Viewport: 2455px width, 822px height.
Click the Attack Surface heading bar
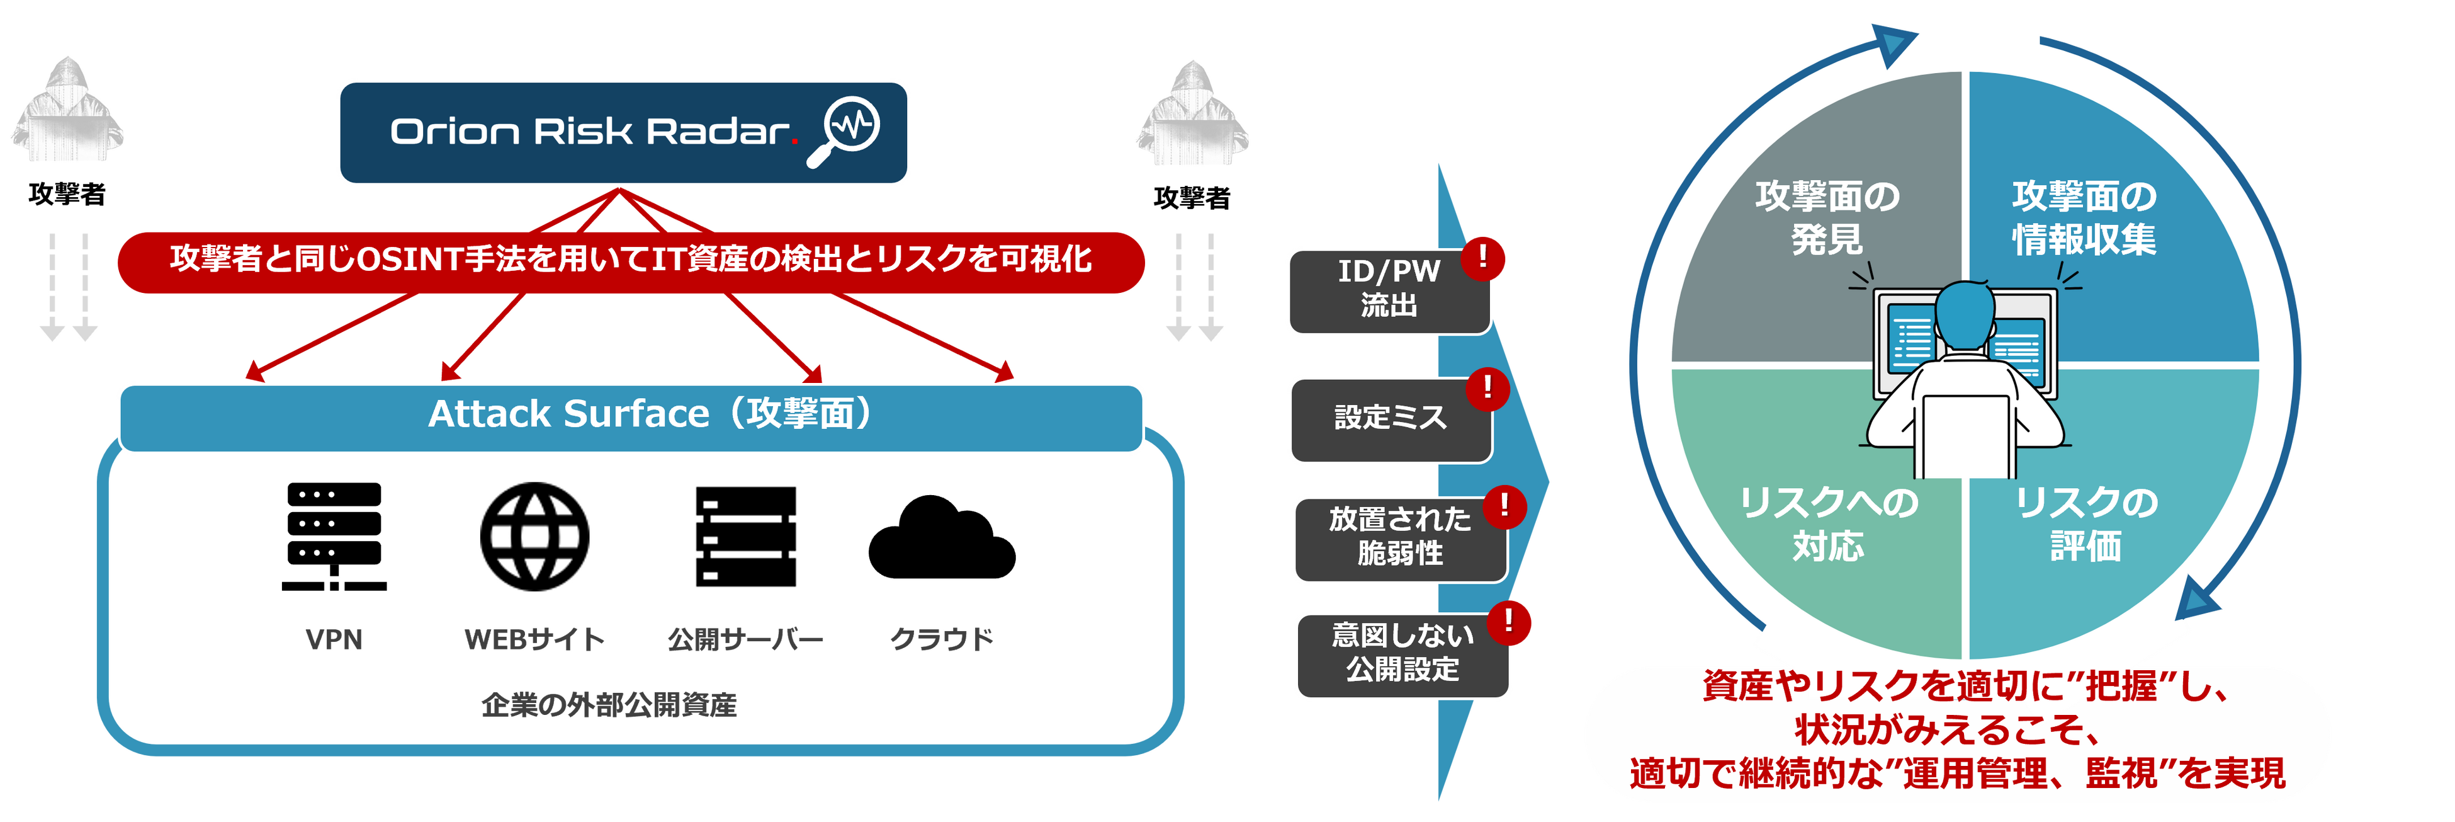631,415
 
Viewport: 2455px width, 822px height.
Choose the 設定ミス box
1389,418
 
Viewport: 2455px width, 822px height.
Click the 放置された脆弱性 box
1399,537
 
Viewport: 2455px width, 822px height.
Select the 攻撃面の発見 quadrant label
1827,217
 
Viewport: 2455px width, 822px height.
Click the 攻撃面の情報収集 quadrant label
2084,217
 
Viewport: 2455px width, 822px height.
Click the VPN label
334,639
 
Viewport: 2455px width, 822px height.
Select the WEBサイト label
534,639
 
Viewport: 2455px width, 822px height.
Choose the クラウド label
942,639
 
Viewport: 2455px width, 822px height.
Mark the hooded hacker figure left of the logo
67,110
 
